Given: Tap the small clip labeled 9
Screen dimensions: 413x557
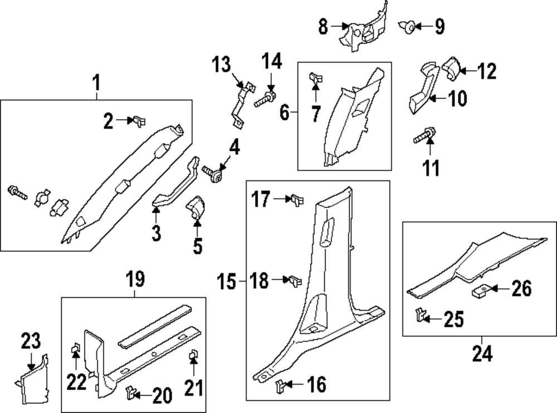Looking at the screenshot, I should [x=409, y=26].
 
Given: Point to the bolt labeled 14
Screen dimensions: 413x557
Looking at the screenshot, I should [x=265, y=101].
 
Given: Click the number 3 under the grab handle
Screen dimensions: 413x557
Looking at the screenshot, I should [x=157, y=233].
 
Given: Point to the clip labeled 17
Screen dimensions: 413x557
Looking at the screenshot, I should [x=295, y=199].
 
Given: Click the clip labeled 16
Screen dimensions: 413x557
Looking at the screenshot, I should [x=283, y=384].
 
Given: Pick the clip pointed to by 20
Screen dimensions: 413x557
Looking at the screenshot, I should [x=132, y=393].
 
